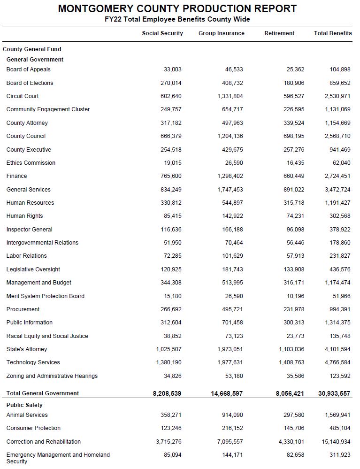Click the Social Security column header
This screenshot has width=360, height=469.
pyautogui.click(x=162, y=33)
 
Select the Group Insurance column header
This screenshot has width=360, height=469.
pyautogui.click(x=221, y=33)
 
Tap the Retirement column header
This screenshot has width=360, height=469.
pyautogui.click(x=279, y=33)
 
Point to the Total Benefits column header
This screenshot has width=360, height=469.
pyautogui.click(x=333, y=33)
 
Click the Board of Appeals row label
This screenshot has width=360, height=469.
pyautogui.click(x=28, y=69)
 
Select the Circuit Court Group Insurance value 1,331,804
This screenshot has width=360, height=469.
pyautogui.click(x=230, y=96)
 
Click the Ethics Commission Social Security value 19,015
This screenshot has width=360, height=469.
pyautogui.click(x=172, y=163)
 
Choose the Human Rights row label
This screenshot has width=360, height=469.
pyautogui.click(x=24, y=216)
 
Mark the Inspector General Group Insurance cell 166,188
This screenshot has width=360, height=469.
pyautogui.click(x=233, y=230)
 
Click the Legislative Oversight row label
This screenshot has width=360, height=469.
pyautogui.click(x=33, y=269)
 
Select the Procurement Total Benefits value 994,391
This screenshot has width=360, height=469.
pyautogui.click(x=340, y=309)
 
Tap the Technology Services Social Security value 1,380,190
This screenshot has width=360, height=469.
pyautogui.click(x=169, y=362)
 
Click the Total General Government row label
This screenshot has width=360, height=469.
pyautogui.click(x=43, y=393)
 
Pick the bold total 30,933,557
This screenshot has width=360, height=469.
pyautogui.click(x=334, y=394)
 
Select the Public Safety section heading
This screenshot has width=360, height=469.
pyautogui.click(x=24, y=405)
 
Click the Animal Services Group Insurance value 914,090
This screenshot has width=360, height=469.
pyautogui.click(x=233, y=415)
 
